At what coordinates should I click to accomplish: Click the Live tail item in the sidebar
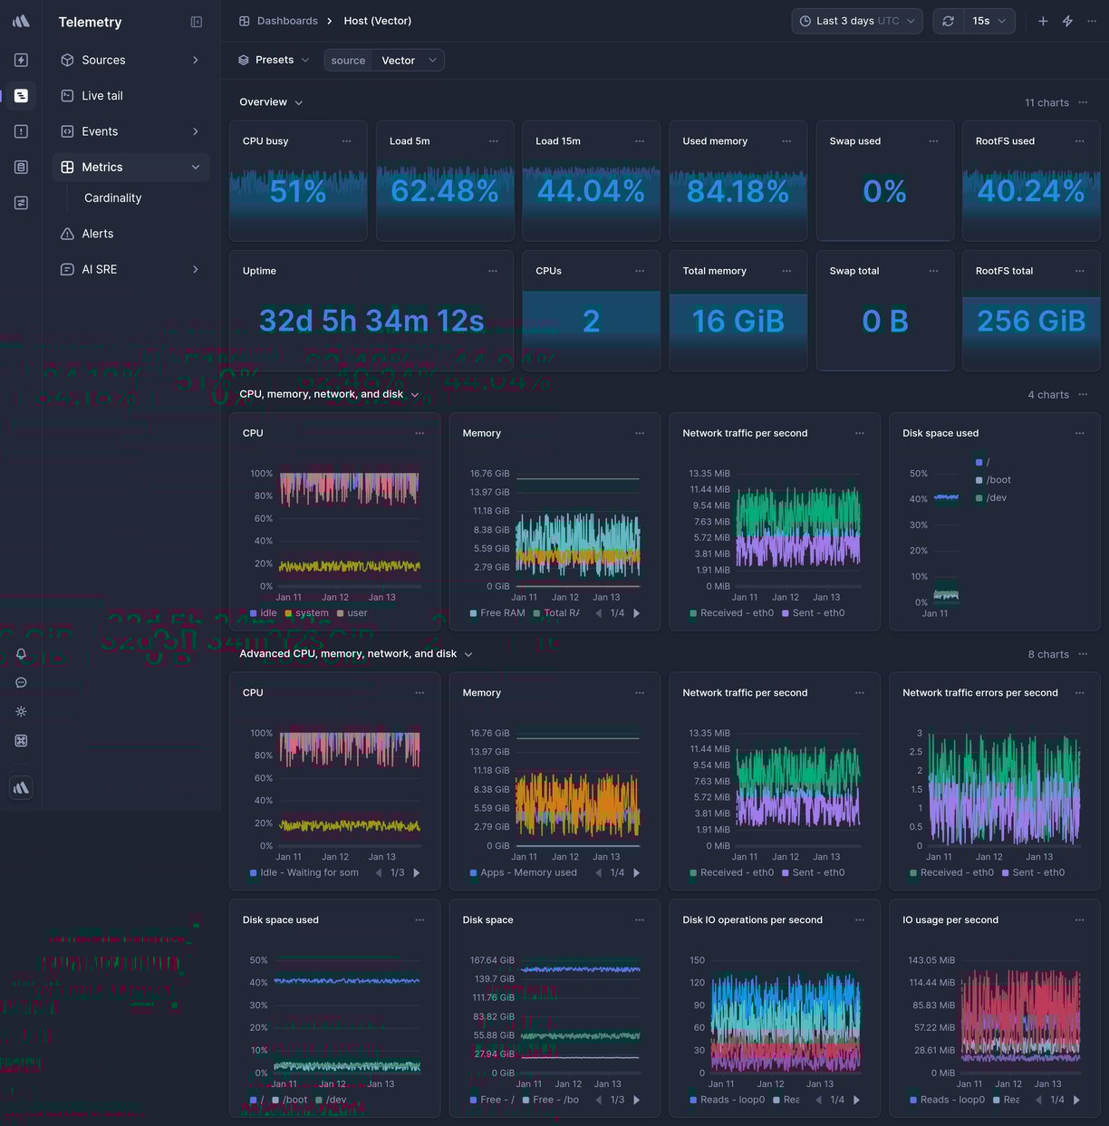101,95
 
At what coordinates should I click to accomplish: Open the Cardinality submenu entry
112,197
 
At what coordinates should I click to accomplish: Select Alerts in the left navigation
97,234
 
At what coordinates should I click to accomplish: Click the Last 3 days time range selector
856,21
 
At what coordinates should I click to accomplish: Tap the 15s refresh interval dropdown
988,21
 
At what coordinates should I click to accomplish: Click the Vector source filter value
399,61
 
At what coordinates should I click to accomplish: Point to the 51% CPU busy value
297,191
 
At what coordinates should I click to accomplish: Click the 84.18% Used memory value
738,191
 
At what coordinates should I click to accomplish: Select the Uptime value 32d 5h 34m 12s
371,321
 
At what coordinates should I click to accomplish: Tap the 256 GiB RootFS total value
1030,321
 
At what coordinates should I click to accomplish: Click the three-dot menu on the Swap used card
933,141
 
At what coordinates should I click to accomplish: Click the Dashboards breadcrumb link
286,21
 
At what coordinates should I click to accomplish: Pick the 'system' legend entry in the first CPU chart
312,613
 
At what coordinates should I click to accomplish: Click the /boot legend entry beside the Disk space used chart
998,480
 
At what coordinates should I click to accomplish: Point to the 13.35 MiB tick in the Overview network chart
709,473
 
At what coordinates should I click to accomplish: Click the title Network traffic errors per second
979,693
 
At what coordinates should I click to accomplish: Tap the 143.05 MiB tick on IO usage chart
931,960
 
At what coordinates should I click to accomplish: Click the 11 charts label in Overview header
1046,102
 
